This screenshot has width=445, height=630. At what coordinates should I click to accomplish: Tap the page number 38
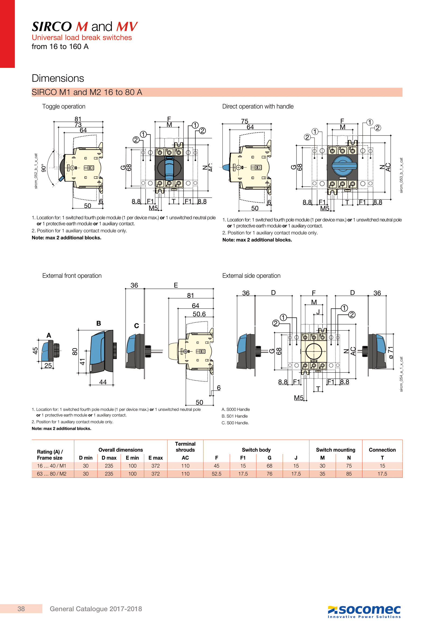tap(21, 609)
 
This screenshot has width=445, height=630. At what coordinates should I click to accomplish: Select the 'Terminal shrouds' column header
tap(185, 447)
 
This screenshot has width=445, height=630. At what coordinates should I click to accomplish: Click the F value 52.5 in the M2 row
tap(217, 474)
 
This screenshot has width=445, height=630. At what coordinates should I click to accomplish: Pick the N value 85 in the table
tap(349, 474)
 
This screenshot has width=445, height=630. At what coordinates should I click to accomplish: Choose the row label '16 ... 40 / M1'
tap(51, 466)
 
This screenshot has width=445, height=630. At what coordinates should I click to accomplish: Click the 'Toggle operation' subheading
tap(63, 106)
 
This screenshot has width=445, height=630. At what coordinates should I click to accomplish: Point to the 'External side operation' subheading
tap(251, 276)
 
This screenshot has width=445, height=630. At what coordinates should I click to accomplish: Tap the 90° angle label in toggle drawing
tap(43, 168)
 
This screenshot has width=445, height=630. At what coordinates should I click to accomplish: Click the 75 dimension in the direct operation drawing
tap(244, 121)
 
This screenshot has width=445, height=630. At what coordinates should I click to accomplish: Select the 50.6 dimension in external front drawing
tap(199, 314)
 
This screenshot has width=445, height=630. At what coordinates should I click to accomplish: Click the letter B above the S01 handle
tap(99, 323)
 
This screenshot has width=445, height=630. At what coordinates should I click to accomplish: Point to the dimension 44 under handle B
tap(103, 382)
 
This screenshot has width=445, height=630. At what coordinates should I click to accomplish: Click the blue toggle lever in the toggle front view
tap(169, 168)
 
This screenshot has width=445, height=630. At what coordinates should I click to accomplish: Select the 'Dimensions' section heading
tap(58, 78)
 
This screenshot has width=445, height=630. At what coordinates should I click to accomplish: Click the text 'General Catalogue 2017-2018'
tap(96, 609)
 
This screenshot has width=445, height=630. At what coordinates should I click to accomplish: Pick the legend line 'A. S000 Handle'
tap(236, 409)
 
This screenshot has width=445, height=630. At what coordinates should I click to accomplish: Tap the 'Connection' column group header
tap(382, 450)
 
